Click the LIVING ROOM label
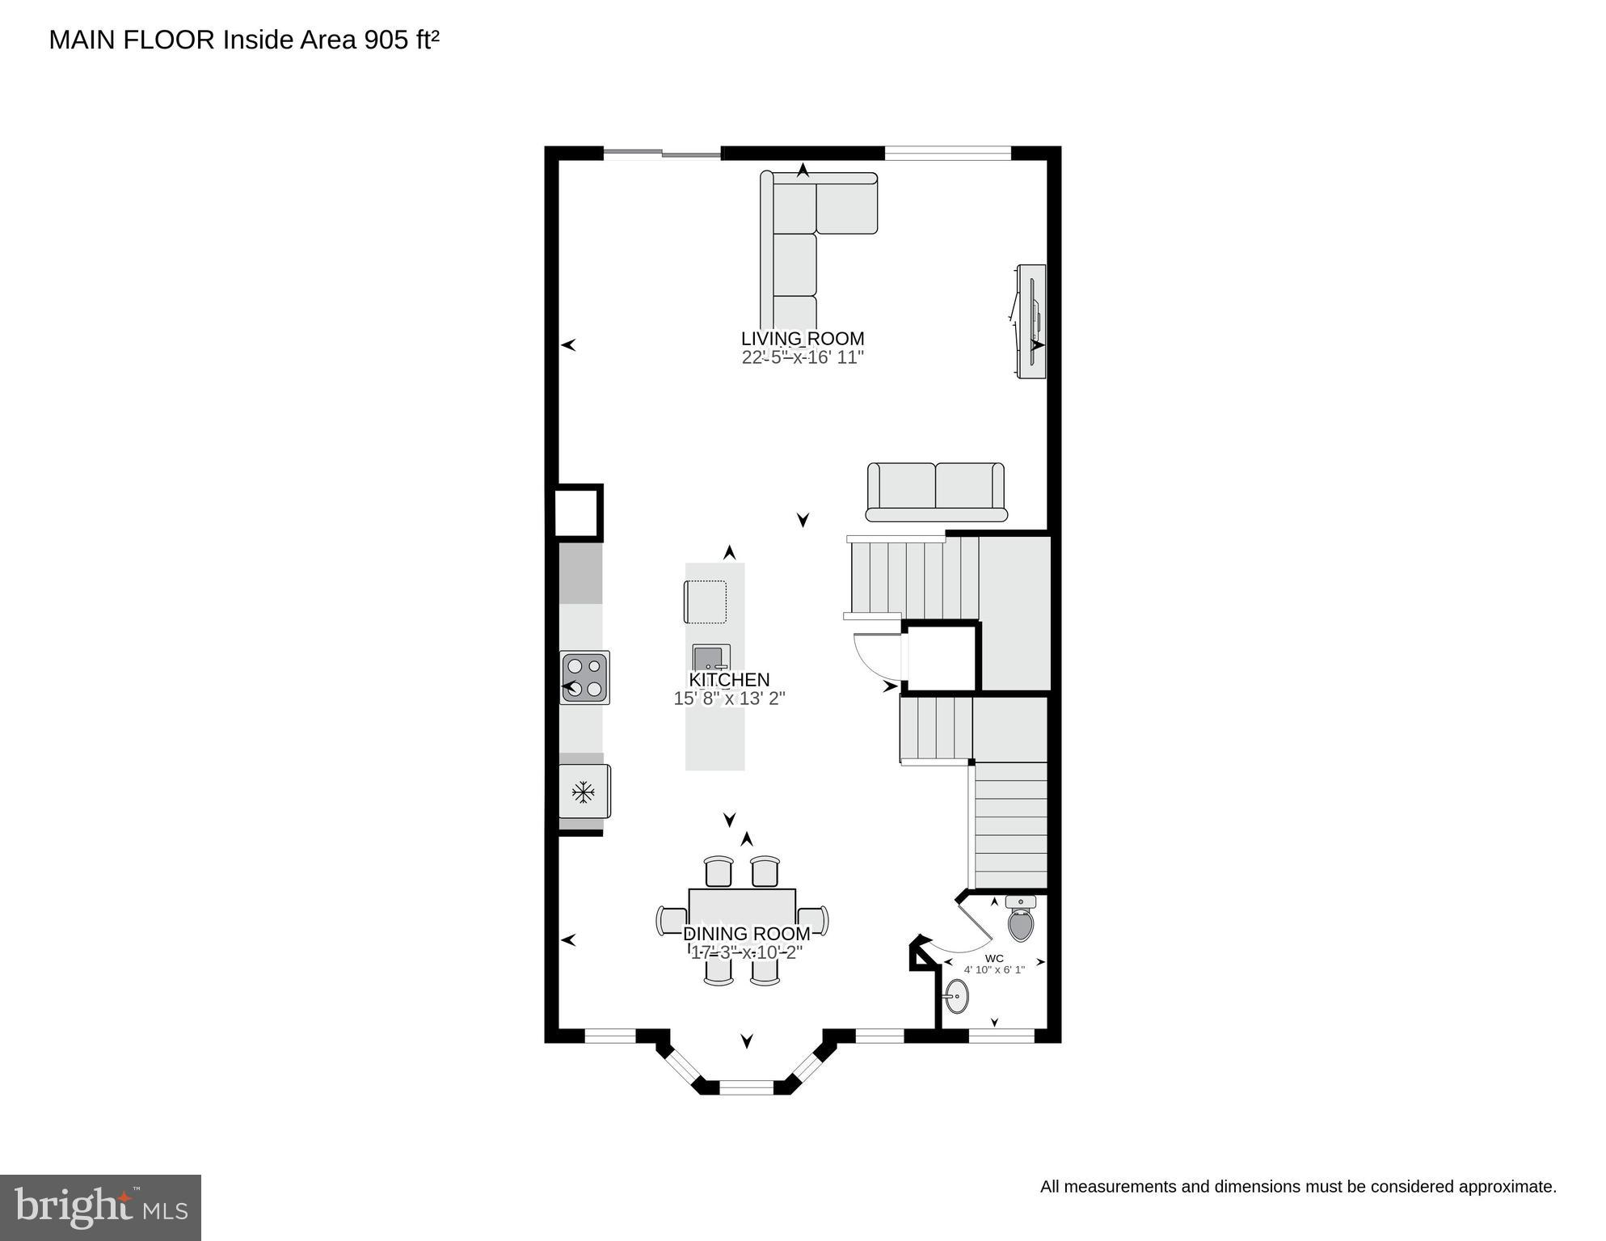click(x=802, y=339)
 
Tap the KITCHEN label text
click(x=728, y=680)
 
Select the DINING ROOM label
click(x=746, y=935)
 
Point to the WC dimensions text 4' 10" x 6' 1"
click(x=993, y=969)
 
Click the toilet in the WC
click(x=1021, y=921)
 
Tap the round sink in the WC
click(x=956, y=996)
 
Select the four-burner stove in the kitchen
click(x=585, y=677)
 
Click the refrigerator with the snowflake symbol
click(x=584, y=791)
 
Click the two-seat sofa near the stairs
click(x=935, y=492)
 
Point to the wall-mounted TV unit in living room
click(x=1031, y=320)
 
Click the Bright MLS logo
click(x=100, y=1208)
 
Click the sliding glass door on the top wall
click(x=662, y=153)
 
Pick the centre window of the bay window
click(x=746, y=1088)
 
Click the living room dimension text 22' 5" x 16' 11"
click(x=803, y=357)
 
